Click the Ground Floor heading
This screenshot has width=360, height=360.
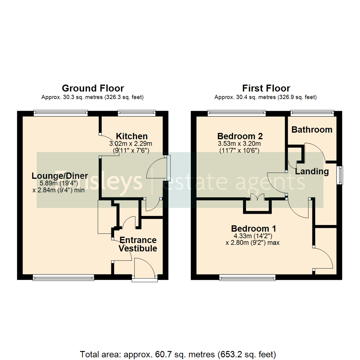click(x=93, y=88)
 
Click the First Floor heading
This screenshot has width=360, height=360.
click(x=266, y=88)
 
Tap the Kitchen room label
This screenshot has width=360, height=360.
click(x=131, y=136)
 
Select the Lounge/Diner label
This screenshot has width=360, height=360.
click(x=60, y=176)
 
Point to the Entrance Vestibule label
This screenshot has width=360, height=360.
click(x=138, y=244)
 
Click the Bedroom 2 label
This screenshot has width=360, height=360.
click(x=240, y=136)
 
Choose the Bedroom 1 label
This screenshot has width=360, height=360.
click(x=254, y=229)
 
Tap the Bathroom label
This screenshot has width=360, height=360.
click(x=312, y=130)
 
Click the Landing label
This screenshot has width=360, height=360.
click(x=312, y=172)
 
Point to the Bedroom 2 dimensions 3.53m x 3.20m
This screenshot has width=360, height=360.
click(x=239, y=144)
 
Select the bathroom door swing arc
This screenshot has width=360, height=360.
click(x=315, y=152)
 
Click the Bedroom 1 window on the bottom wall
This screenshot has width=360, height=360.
click(x=247, y=277)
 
